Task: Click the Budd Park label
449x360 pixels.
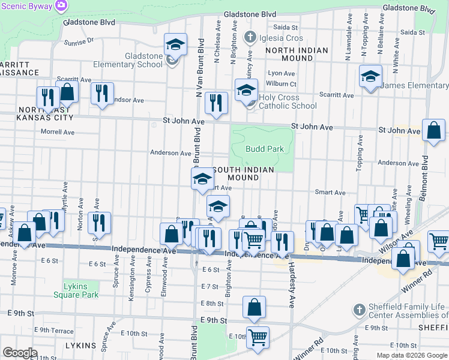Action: point(264,148)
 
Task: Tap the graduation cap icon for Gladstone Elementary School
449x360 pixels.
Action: point(175,44)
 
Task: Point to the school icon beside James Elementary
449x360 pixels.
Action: point(370,76)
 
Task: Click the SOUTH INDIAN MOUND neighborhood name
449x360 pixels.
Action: point(243,174)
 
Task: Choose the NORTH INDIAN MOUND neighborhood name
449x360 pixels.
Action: point(297,55)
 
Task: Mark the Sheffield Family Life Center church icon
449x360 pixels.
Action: point(358,310)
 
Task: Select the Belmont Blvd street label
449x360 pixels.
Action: point(426,174)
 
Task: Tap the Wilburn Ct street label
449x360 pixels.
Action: point(282,83)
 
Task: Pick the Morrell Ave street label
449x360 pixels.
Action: point(58,132)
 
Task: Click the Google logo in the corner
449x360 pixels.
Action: point(20,353)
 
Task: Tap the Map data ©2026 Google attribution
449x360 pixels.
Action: point(411,355)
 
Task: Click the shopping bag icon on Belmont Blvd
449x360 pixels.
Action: point(433,130)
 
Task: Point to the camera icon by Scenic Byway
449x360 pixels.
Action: point(61,5)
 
